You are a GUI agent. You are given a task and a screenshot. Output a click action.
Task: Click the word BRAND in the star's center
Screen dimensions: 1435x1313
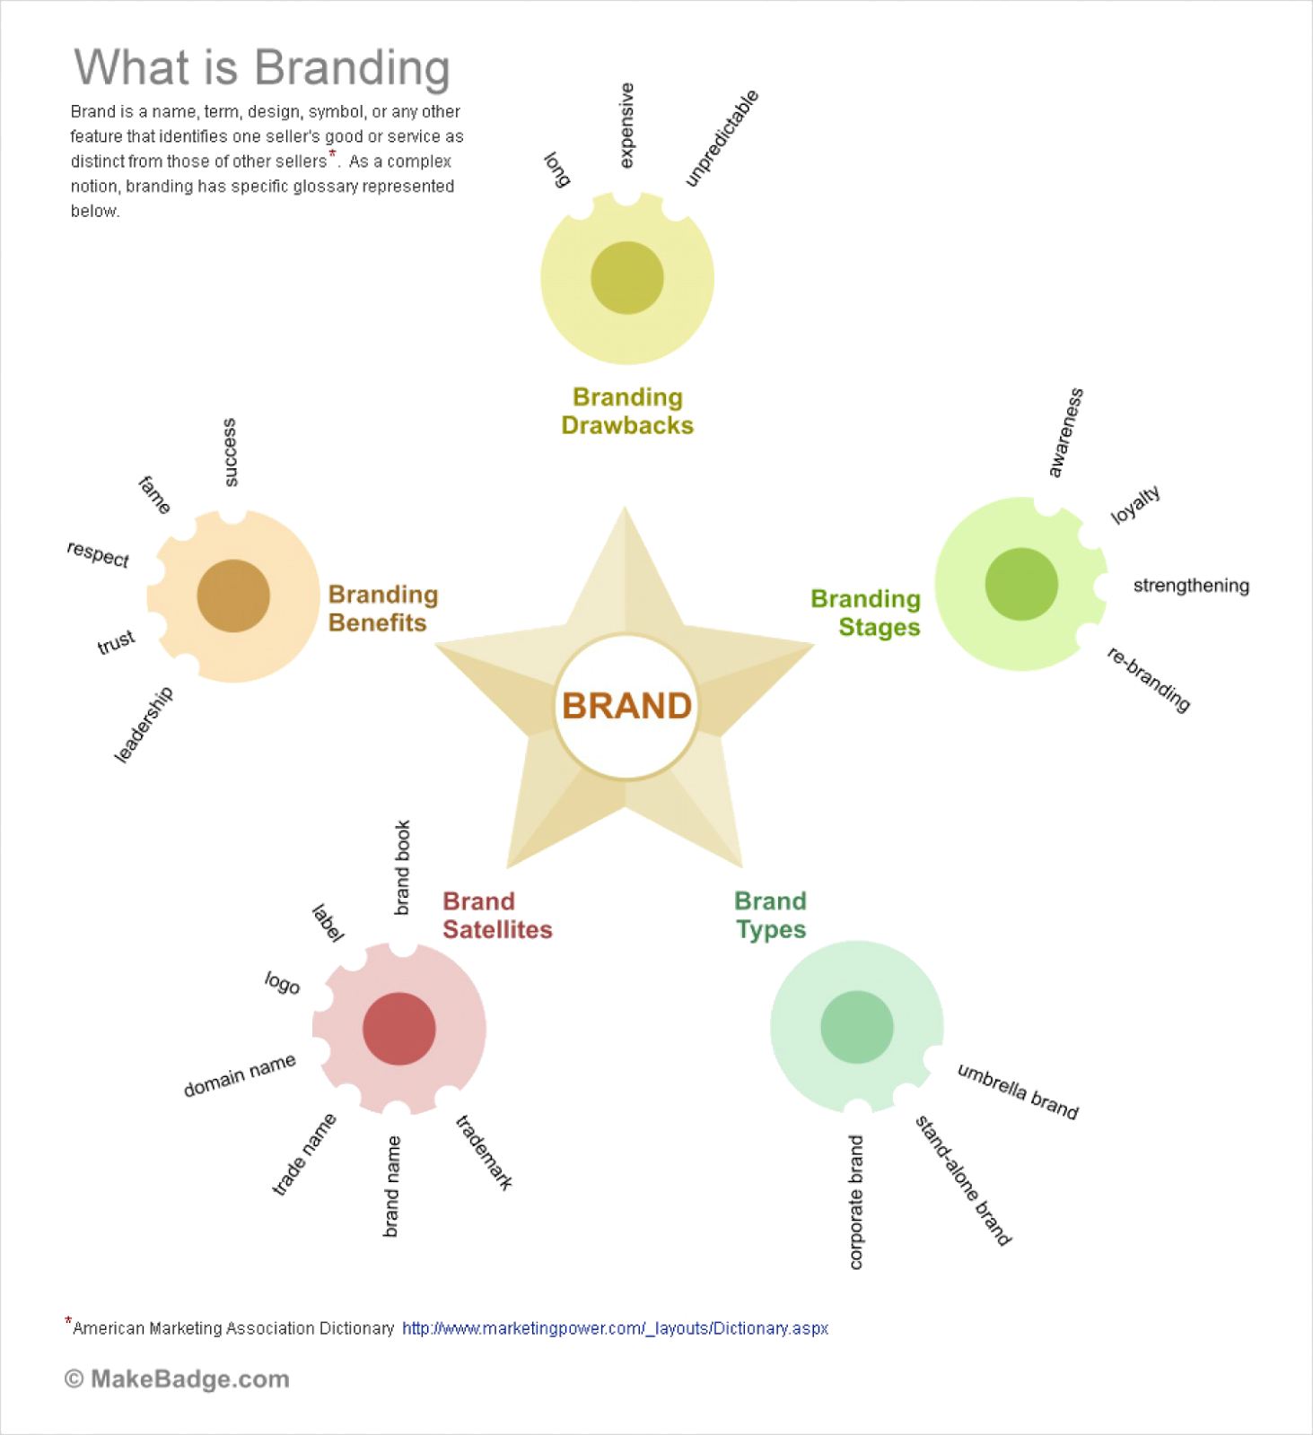tap(626, 707)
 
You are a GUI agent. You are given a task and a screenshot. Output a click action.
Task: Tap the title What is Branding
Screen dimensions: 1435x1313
tap(261, 68)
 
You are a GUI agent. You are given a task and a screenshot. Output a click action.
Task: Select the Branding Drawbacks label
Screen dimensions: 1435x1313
tap(627, 411)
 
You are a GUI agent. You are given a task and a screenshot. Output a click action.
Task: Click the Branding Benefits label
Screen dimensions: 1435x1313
tap(382, 608)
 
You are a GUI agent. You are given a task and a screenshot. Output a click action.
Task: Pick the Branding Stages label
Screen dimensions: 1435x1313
tap(865, 613)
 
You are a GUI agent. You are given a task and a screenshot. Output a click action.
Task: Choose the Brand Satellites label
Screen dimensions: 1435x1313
tap(497, 916)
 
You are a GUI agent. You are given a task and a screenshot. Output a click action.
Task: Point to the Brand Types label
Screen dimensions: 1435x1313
tap(770, 915)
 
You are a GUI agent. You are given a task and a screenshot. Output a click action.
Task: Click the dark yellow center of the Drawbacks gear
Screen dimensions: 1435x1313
tap(626, 278)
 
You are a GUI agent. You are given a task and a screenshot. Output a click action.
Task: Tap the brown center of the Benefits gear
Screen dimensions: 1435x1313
tap(233, 596)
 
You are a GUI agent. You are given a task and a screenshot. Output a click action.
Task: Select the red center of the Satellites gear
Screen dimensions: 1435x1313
tap(399, 1028)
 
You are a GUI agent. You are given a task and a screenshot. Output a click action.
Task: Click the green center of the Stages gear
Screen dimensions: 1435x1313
tap(1021, 584)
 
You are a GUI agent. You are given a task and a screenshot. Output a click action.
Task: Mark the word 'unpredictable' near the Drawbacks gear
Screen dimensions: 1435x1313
tap(722, 139)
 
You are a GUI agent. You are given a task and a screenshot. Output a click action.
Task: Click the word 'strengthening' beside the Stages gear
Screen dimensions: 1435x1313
tap(1191, 586)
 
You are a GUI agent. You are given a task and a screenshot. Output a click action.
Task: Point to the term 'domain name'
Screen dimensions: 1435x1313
tap(240, 1076)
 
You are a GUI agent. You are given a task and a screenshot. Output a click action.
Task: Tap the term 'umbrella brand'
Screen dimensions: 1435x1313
tap(1018, 1091)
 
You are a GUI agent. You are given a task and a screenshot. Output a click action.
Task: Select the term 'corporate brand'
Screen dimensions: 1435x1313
tap(856, 1202)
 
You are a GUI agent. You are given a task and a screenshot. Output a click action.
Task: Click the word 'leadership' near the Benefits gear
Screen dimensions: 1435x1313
tap(144, 725)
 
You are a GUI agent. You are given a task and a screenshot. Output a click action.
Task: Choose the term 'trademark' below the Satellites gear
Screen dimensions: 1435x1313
tap(485, 1152)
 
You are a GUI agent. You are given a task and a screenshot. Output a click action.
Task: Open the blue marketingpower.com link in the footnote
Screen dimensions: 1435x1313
tap(615, 1328)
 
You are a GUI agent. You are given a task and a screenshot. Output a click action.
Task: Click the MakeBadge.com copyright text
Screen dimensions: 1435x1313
tap(178, 1379)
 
